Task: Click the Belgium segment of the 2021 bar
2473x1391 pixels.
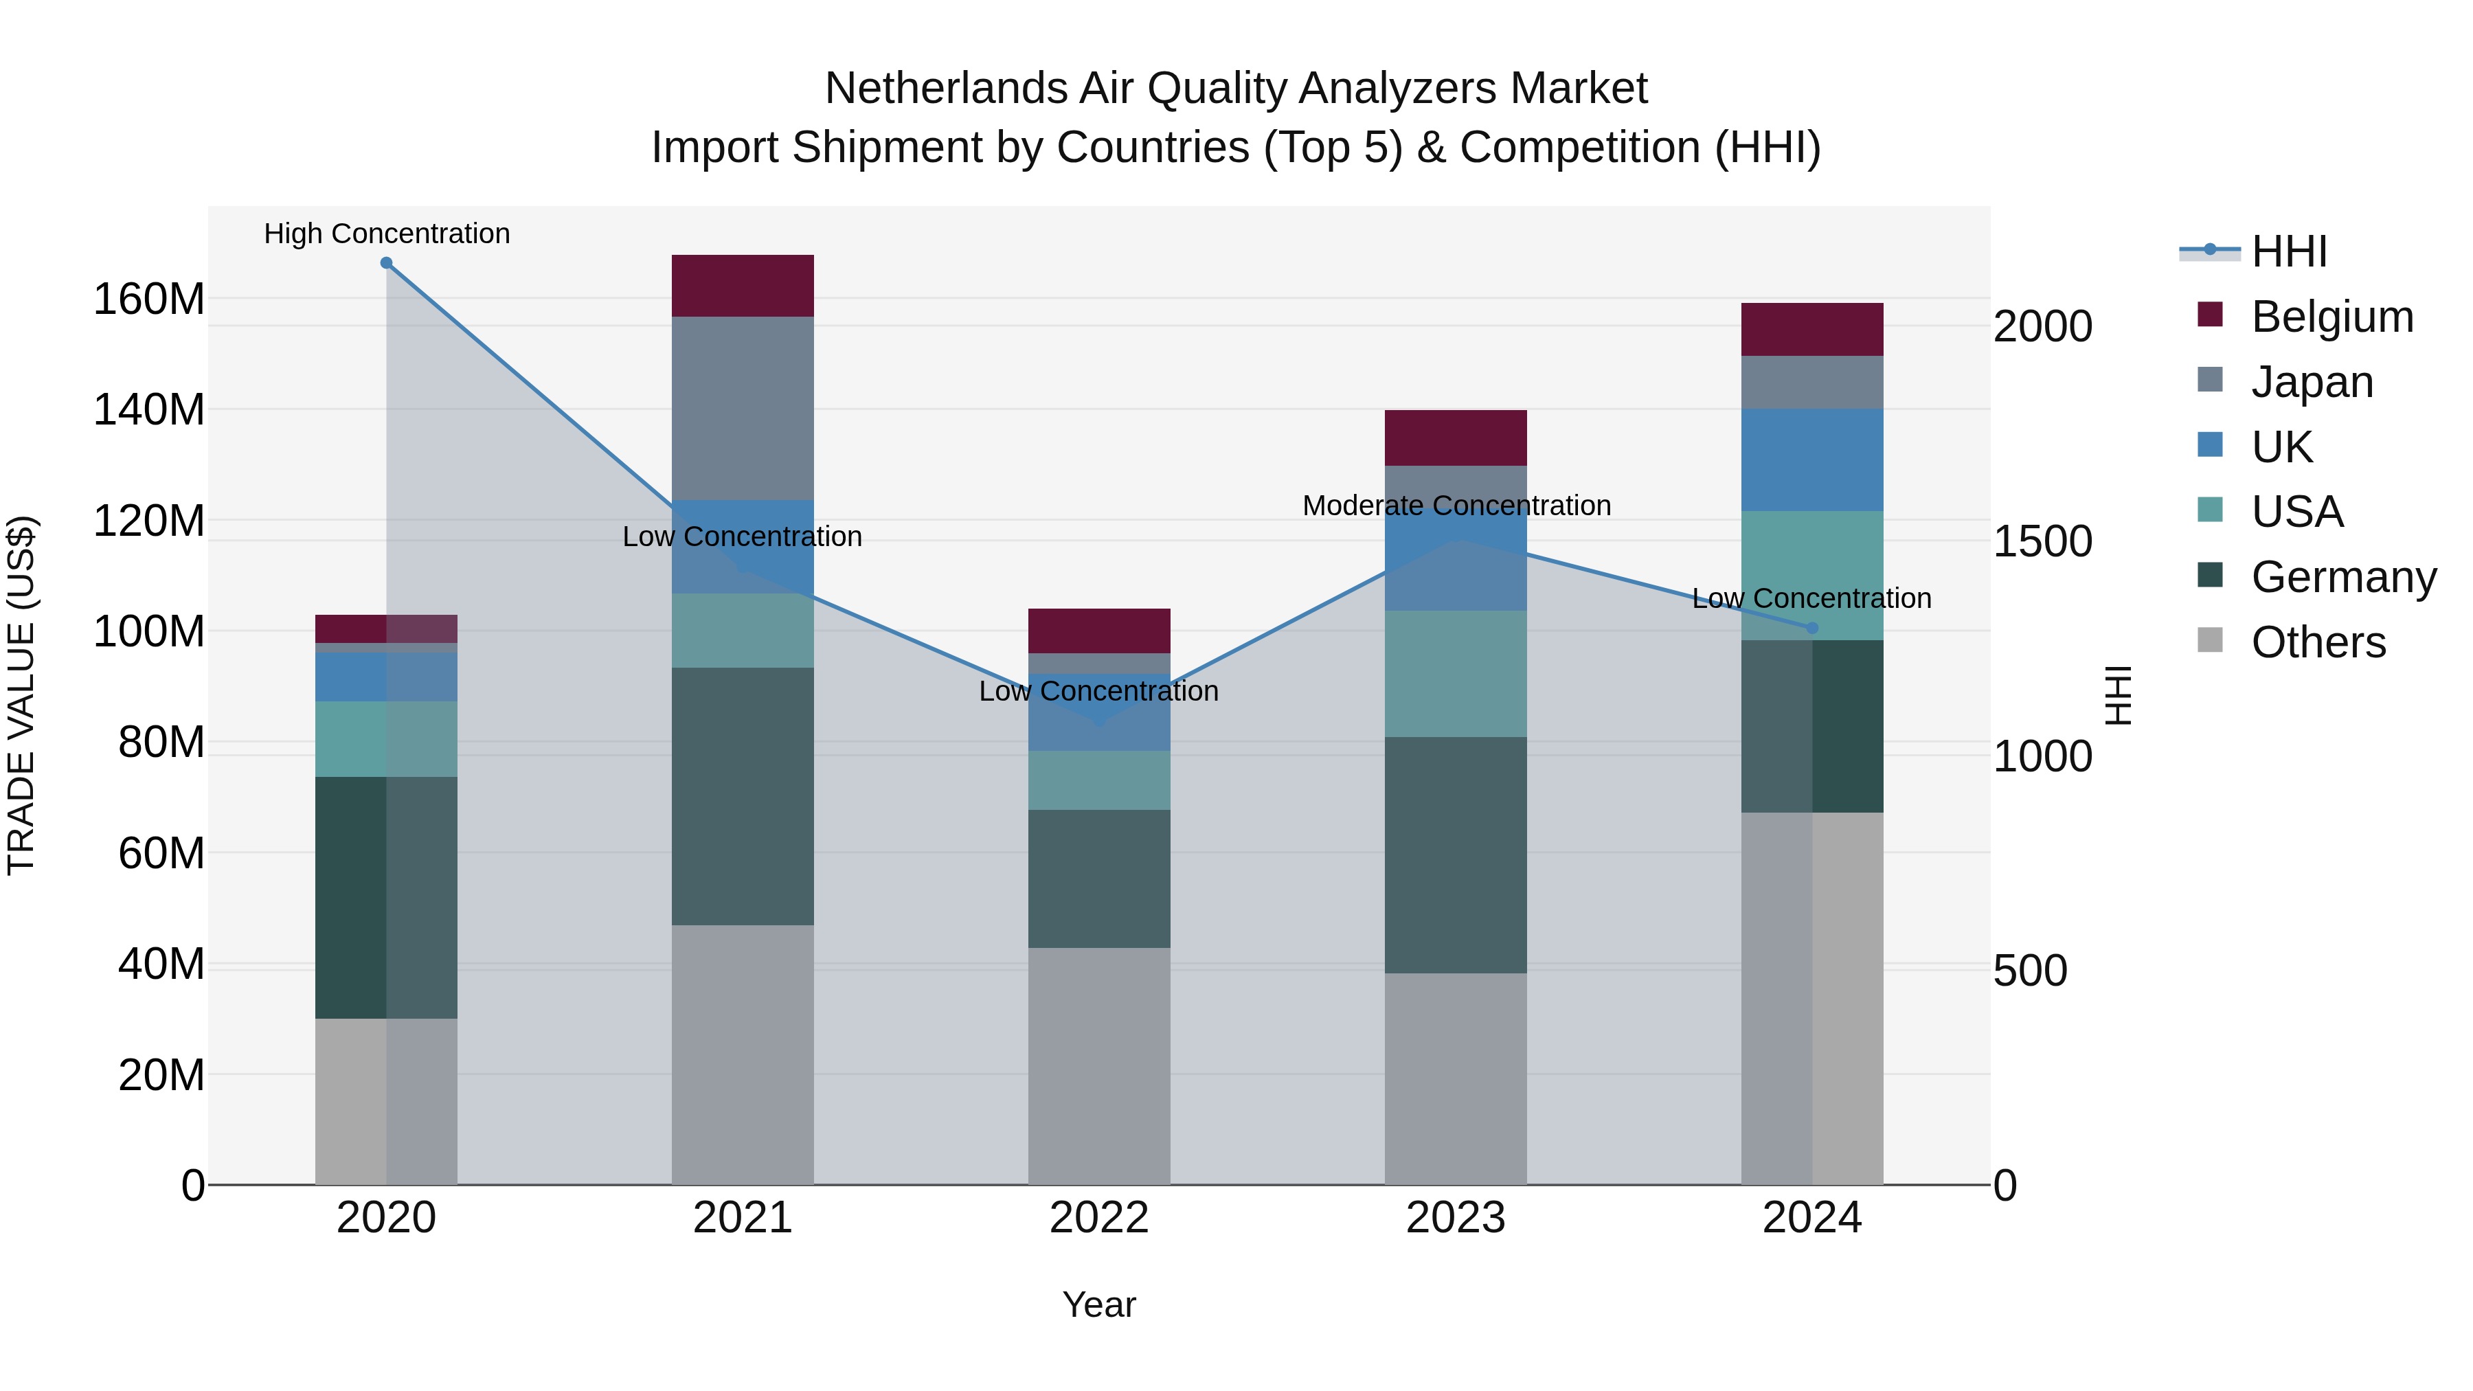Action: (742, 285)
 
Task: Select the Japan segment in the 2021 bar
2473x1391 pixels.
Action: (742, 408)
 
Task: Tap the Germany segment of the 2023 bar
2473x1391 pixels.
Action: (1456, 855)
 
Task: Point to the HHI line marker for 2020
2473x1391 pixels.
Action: (386, 263)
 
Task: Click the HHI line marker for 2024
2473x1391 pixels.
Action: (1811, 628)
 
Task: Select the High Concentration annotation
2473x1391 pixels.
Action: (387, 234)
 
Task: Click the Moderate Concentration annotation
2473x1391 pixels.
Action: (1456, 505)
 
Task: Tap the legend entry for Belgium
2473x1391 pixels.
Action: (2331, 317)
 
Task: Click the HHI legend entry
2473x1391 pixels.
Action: (2289, 251)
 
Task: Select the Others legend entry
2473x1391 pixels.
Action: (2318, 642)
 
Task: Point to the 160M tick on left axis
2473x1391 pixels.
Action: (149, 299)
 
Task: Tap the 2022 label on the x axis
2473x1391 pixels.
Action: (1099, 1218)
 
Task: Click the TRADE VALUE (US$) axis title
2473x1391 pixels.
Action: (21, 695)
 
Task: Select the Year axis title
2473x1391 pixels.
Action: (1099, 1304)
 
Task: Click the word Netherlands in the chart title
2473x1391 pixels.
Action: (945, 89)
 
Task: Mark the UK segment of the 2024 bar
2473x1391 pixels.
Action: (1811, 460)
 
